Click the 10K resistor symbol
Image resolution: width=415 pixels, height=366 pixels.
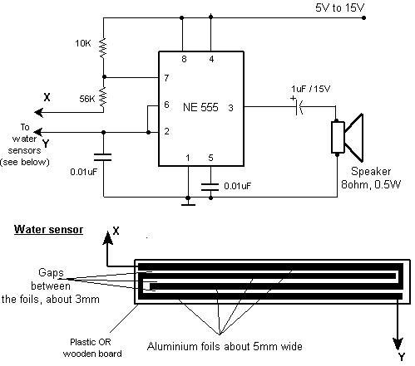point(103,47)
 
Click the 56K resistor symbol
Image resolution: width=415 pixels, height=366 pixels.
point(103,96)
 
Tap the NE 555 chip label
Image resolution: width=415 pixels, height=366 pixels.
point(200,107)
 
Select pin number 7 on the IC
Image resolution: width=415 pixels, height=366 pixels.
point(166,78)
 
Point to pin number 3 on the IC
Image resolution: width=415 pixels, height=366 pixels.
point(230,108)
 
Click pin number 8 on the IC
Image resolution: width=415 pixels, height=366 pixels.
point(184,59)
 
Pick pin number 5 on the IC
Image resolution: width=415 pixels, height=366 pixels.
point(210,158)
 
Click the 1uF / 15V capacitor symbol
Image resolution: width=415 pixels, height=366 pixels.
point(299,106)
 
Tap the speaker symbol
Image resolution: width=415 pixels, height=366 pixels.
point(348,138)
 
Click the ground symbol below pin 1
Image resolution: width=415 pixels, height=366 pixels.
point(188,205)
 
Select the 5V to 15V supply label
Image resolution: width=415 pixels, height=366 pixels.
point(339,7)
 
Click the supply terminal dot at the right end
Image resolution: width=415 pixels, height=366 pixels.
point(364,18)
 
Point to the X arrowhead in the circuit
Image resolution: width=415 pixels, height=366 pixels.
point(39,112)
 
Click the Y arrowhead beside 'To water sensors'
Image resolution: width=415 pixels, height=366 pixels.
point(38,132)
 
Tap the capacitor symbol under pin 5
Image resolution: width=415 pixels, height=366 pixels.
point(210,187)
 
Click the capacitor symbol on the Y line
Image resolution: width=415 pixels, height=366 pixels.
point(103,158)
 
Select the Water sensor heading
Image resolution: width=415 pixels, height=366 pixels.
point(48,230)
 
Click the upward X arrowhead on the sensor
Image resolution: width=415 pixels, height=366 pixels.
point(107,238)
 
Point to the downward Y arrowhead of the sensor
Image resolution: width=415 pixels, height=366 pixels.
point(398,344)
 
